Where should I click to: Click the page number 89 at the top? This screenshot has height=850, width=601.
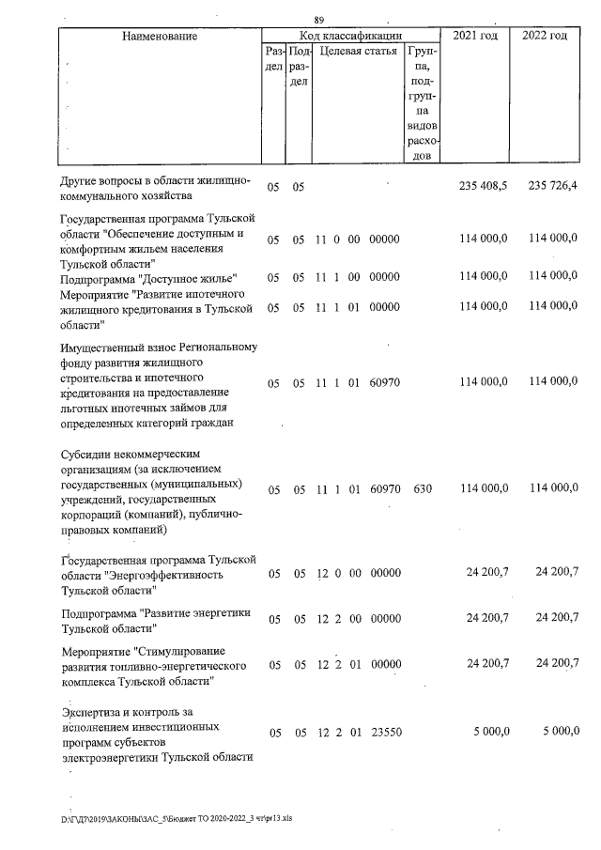point(319,20)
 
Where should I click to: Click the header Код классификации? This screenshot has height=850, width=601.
point(350,35)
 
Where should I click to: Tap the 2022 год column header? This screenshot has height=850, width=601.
point(545,36)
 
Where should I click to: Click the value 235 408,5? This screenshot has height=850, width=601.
point(482,187)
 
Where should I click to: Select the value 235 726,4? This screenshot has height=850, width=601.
point(551,187)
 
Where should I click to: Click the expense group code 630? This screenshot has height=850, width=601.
point(421,489)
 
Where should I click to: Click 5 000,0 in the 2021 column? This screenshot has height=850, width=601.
point(488,732)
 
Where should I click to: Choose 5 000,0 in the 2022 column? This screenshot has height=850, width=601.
point(557,732)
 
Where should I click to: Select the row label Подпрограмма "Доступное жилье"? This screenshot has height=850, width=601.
point(148,278)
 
